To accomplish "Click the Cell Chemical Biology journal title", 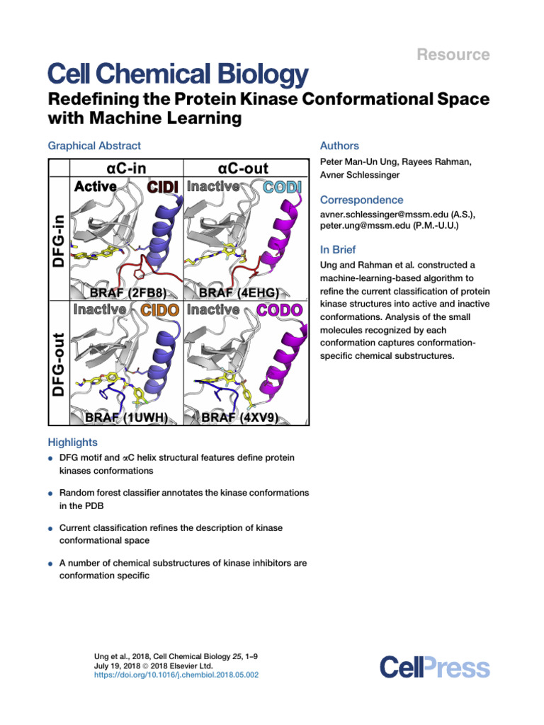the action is (177, 74).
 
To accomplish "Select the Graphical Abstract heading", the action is (94, 146).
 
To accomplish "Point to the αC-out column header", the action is (246, 169).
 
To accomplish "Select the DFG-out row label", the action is (59, 364).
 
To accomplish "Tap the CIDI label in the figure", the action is (163, 186).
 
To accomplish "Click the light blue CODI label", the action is (282, 186).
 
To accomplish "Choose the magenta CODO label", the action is (279, 309).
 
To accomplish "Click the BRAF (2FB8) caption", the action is (126, 292).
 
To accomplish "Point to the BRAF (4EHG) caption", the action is (243, 292).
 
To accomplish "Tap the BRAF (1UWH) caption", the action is (126, 418).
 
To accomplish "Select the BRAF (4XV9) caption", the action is (243, 418).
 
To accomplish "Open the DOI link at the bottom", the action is (176, 675).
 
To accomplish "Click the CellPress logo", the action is (434, 667).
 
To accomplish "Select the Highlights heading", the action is (72, 442).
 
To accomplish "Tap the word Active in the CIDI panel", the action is (96, 186).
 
